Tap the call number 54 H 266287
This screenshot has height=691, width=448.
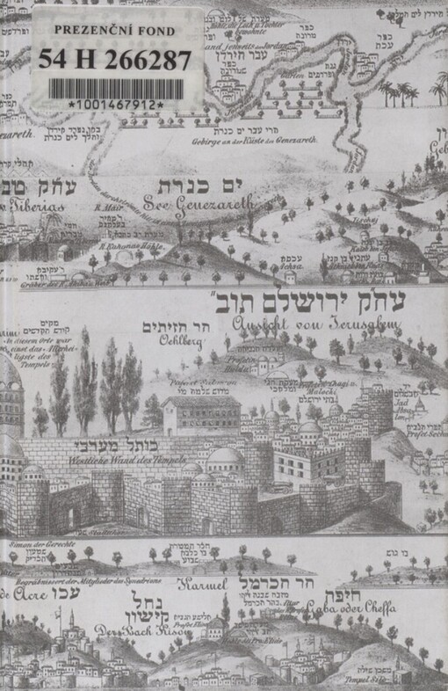[x=114, y=60]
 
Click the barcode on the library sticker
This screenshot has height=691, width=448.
[x=116, y=89]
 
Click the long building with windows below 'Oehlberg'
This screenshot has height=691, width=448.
[x=201, y=414]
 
